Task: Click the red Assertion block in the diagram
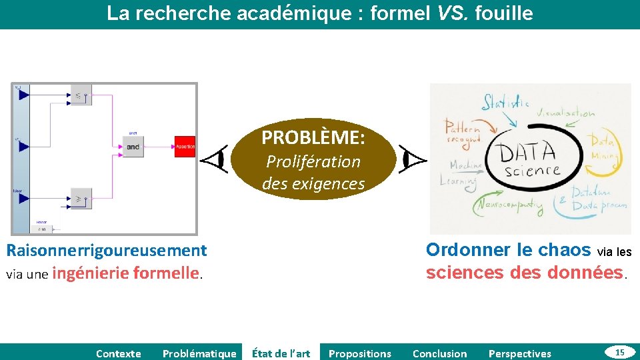(x=185, y=146)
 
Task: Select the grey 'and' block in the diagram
(x=133, y=146)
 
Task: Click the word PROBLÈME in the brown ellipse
(x=313, y=138)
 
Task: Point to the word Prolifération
(x=313, y=161)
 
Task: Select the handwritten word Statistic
(x=505, y=102)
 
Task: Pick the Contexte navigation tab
(x=119, y=353)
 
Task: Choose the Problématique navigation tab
(x=199, y=353)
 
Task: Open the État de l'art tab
(x=281, y=353)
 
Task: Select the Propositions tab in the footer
(x=360, y=353)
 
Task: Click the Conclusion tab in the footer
(x=440, y=353)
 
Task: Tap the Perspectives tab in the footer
(x=520, y=353)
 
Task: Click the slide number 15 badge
(x=619, y=352)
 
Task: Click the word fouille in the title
(x=504, y=13)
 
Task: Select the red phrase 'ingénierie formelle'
(x=126, y=273)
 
